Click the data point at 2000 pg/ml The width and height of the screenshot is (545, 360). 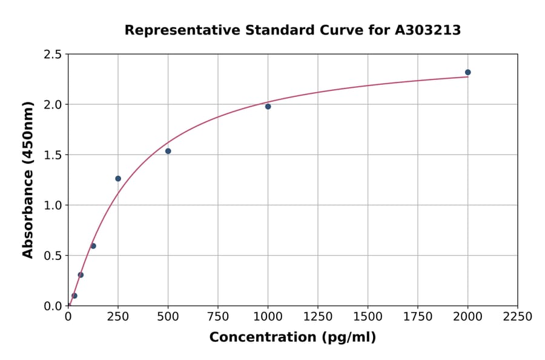point(467,72)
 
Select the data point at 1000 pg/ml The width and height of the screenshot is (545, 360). point(268,107)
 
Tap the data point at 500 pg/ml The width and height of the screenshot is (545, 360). point(168,151)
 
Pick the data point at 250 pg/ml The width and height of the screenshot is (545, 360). point(118,179)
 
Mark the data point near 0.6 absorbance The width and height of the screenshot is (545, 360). point(93,246)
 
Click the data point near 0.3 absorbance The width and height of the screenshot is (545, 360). point(81,275)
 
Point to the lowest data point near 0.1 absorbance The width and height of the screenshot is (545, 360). point(74,296)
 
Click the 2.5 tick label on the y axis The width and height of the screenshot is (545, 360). point(51,55)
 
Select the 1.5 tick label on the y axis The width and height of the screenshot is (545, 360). point(51,155)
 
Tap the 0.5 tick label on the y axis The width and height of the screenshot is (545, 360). point(51,256)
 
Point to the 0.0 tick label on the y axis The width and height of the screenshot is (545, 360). point(51,306)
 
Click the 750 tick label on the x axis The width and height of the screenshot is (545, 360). point(218,317)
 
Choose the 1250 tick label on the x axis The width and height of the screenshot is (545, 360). point(318,317)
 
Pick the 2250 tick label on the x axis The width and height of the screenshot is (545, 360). point(518,317)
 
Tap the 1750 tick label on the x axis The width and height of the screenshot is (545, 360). point(418,317)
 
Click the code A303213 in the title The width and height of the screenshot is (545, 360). point(428,30)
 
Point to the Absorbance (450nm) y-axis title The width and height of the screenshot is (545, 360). point(28,180)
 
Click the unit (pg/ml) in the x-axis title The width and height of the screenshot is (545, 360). point(350,338)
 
